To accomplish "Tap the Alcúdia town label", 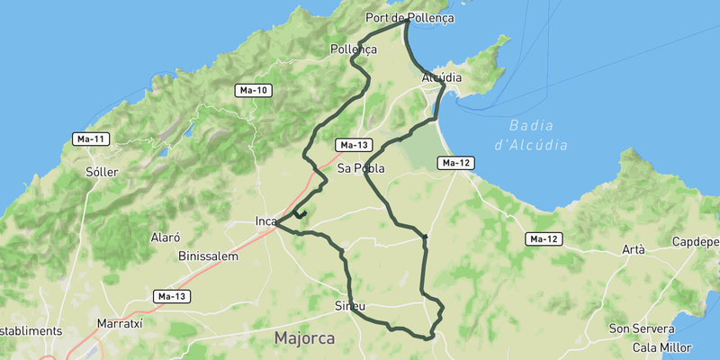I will point(441,78).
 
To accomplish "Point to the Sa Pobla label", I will point(361,168).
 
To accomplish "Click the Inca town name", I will point(265,221).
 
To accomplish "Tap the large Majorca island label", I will point(304,338).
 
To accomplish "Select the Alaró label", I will point(166,238).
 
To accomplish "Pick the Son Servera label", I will point(643,328).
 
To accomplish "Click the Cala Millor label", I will point(661,347).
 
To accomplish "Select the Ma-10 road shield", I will point(253,90).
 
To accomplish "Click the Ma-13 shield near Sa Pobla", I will point(353,145).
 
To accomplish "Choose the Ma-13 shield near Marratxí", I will point(170,296).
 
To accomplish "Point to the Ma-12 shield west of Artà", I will point(544,239).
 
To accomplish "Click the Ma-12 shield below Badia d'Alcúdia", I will point(455,163).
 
